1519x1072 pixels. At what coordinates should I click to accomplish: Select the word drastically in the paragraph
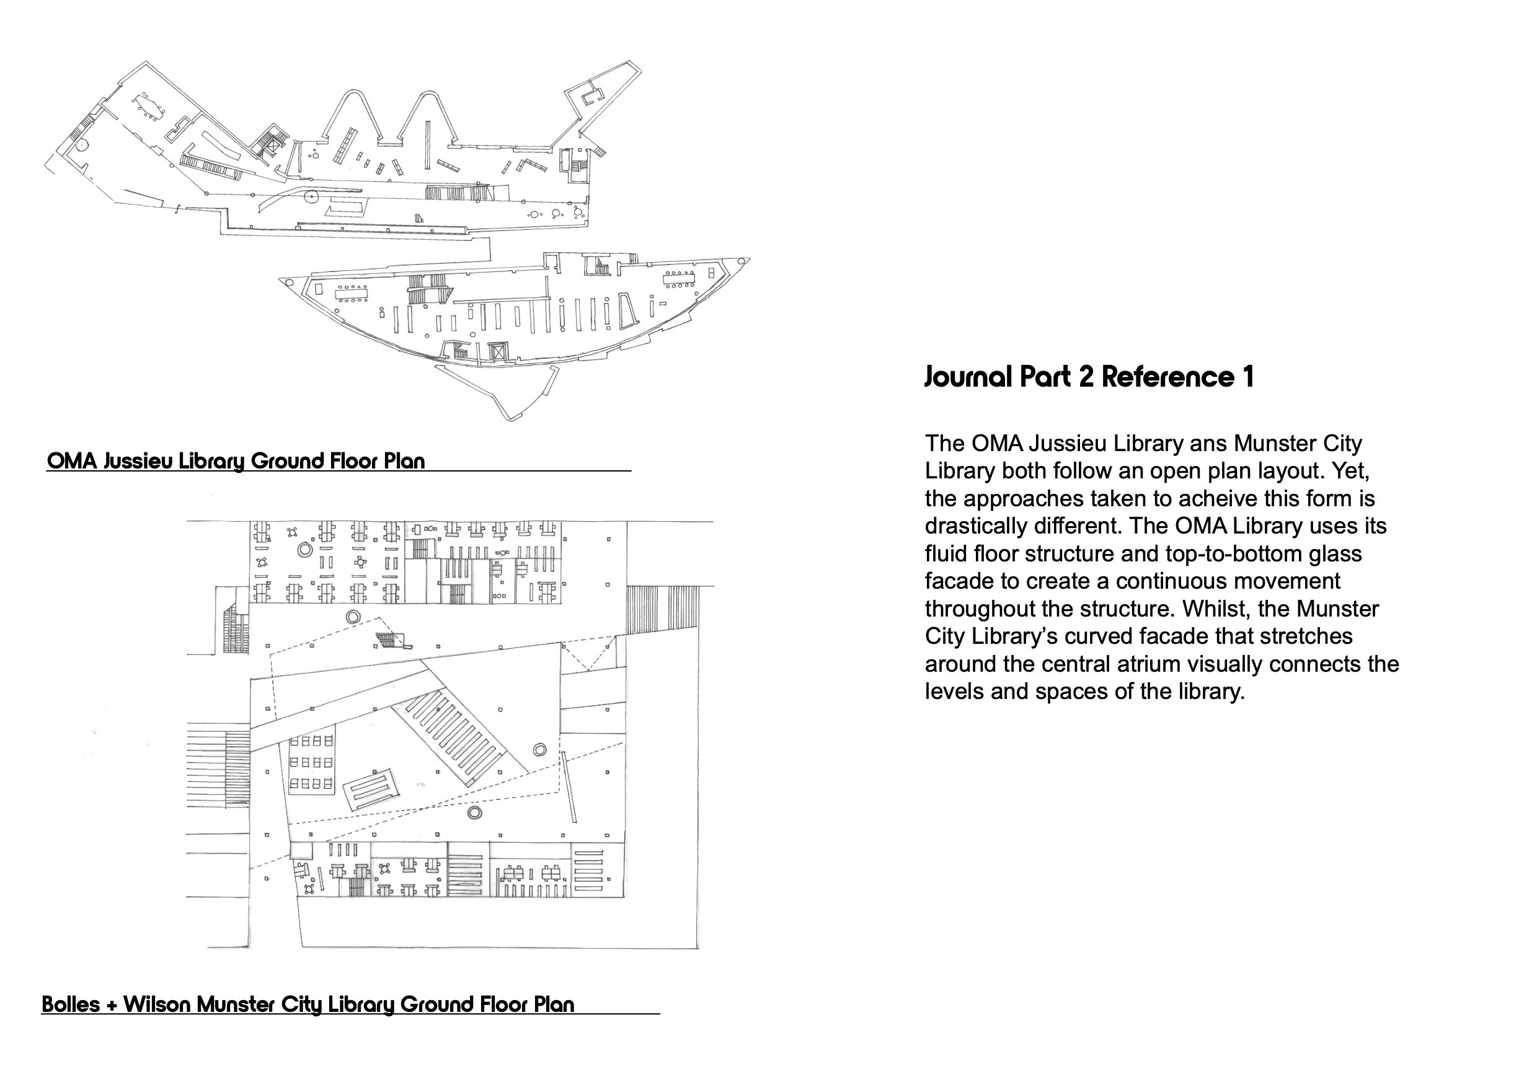(975, 527)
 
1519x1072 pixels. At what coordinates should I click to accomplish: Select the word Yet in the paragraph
(1343, 471)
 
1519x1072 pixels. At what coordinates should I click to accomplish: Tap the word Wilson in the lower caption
(158, 1004)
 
